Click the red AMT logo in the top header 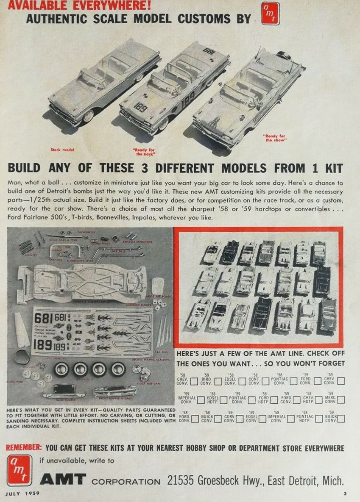click(x=270, y=14)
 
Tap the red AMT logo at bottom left click(x=19, y=470)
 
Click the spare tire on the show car click(x=283, y=55)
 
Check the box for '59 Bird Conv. click(x=218, y=381)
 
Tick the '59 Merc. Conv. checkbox click(x=340, y=399)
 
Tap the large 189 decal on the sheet click(x=43, y=345)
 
